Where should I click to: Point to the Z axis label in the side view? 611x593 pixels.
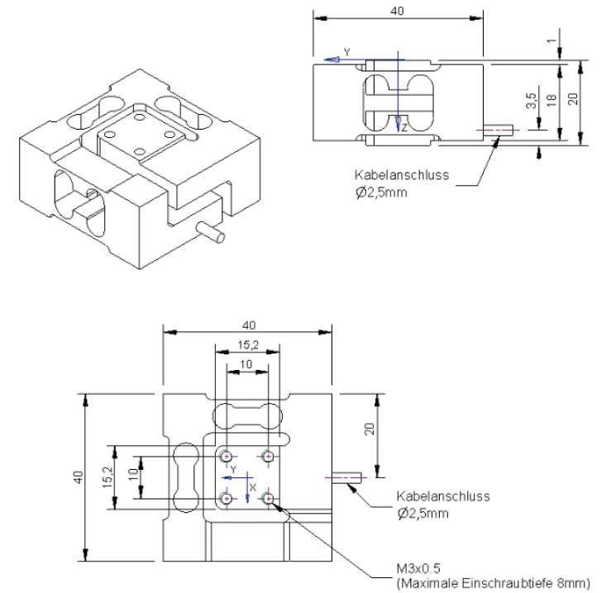404,127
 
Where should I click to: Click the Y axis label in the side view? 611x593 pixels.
346,52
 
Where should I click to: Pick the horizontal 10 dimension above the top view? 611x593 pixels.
246,363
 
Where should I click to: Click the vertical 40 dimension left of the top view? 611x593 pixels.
77,477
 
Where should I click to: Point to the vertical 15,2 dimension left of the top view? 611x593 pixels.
107,477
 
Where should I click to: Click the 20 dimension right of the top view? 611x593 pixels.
370,429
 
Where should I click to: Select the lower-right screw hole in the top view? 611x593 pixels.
268,497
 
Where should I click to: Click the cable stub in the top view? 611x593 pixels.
347,477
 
